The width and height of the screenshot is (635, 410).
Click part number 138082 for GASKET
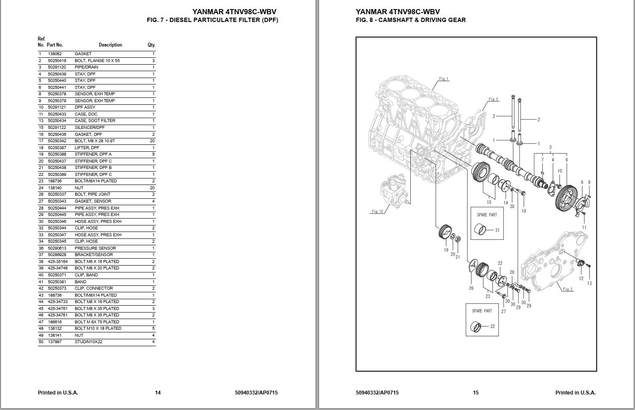coord(55,54)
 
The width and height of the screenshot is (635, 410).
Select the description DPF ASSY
coord(85,107)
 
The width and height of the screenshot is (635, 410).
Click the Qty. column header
coord(151,45)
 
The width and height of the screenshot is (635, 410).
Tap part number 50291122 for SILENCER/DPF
coord(57,128)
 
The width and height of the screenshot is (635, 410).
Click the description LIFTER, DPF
coord(87,148)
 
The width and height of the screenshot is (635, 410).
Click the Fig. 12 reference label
coord(378,211)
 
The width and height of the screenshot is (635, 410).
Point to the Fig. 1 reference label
coord(444,79)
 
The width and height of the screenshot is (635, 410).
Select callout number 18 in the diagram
coord(524,211)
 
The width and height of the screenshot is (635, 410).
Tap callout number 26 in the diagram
coord(471,288)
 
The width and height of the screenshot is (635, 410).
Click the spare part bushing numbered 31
coord(480,230)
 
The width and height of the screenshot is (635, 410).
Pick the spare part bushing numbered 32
coord(476,326)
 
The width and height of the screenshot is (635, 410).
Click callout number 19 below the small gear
coord(446,250)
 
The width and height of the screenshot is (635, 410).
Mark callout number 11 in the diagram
coord(584,227)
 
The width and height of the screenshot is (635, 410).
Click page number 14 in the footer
coord(158,392)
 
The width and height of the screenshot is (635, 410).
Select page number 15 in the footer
coord(476,392)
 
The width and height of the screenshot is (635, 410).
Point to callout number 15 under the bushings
coord(489,202)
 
